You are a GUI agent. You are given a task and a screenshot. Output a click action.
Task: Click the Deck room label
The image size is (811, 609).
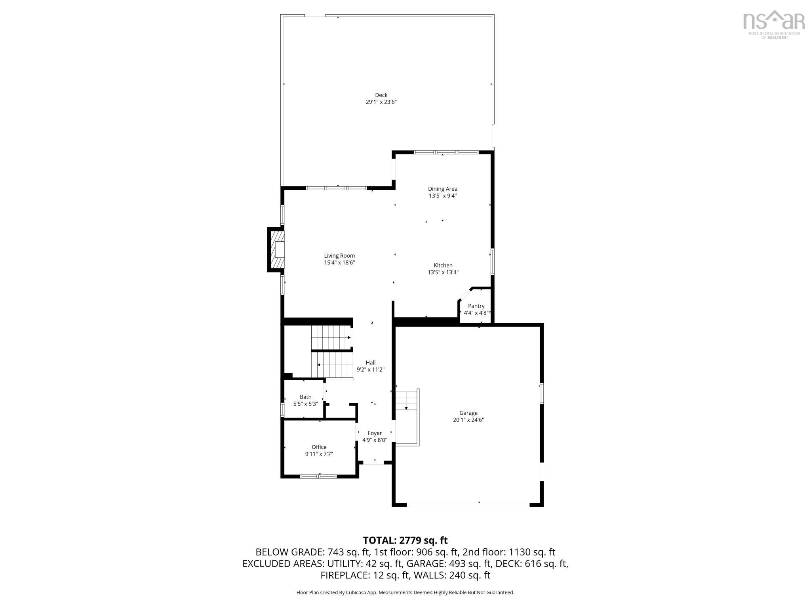381,95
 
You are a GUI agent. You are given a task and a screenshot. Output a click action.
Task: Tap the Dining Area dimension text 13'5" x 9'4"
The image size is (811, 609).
442,196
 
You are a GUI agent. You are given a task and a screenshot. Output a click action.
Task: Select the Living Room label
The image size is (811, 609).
339,256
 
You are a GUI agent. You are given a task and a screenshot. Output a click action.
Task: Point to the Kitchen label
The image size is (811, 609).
443,266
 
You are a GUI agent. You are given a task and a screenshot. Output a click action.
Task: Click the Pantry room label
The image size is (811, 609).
476,306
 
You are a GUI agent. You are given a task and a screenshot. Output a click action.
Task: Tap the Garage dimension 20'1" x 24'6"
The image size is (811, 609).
468,420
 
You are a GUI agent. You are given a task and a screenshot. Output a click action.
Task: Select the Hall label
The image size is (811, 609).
371,362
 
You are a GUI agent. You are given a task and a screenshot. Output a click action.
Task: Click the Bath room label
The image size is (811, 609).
305,397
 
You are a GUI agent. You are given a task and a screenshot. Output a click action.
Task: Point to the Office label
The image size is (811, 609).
319,447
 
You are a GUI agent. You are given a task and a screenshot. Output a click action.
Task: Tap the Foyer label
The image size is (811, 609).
375,433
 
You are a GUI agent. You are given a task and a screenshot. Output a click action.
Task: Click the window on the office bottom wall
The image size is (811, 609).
318,476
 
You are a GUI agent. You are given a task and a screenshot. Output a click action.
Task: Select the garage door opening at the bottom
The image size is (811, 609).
468,505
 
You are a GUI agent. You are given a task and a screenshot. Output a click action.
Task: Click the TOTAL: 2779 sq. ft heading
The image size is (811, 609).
405,540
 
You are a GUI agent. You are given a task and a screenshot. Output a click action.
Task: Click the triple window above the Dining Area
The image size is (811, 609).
446,152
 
